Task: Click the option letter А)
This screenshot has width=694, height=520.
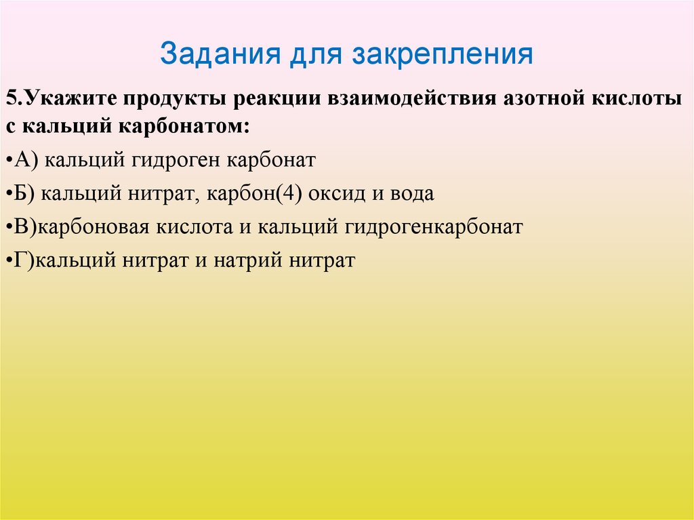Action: pos(28,161)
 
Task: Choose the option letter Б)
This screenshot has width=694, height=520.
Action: pos(26,194)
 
